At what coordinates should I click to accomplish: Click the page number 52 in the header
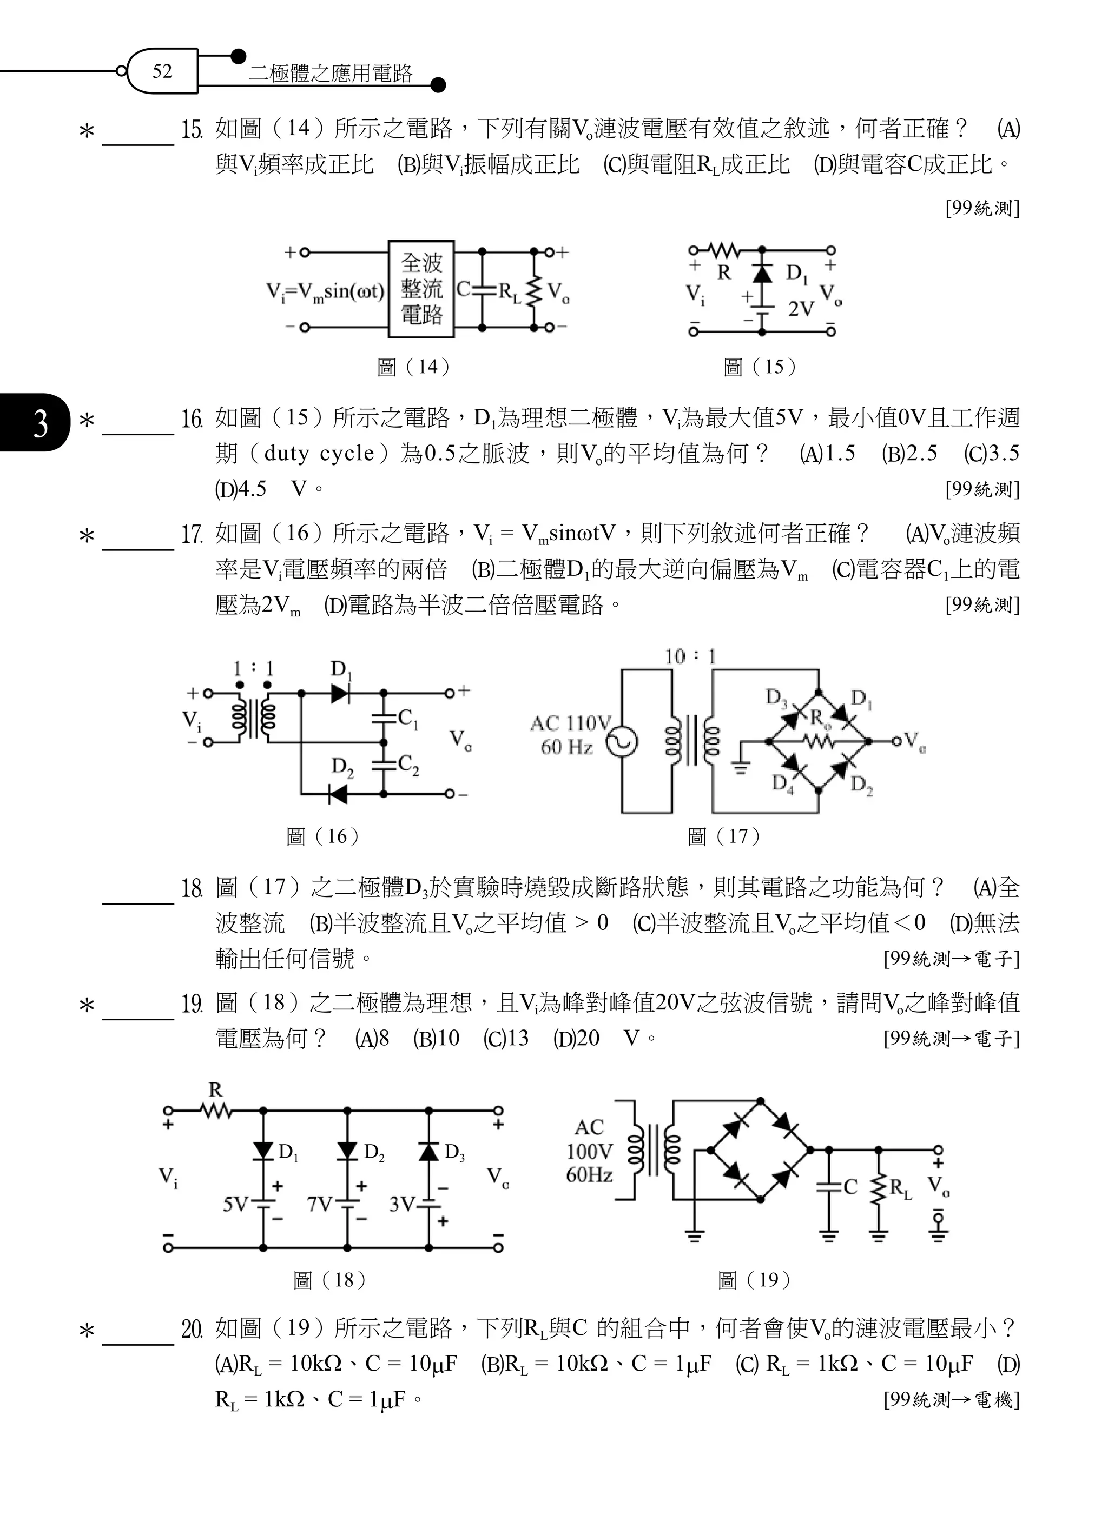pos(162,71)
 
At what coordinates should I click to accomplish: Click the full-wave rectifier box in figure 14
pos(421,289)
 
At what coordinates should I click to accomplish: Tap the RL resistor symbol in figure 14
pos(535,290)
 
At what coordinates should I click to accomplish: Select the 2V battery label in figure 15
pos(801,309)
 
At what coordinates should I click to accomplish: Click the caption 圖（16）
pos(324,836)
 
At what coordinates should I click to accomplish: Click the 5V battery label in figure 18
pos(235,1205)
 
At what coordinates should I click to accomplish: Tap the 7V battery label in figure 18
pos(320,1205)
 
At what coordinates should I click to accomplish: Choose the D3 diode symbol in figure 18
pos(428,1151)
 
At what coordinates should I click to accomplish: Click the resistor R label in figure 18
pos(215,1089)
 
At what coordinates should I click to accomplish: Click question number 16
pos(191,419)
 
